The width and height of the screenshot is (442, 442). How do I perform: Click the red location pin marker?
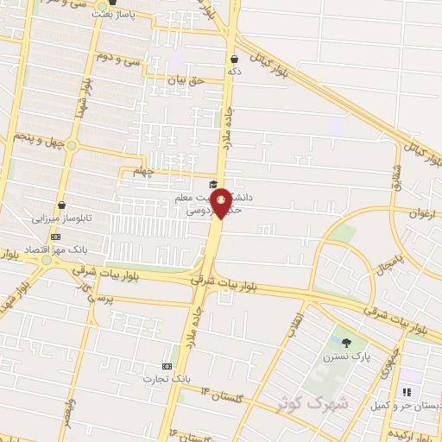click(222, 202)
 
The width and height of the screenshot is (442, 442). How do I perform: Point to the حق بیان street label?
click(184, 79)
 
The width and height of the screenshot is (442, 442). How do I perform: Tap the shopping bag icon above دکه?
click(234, 59)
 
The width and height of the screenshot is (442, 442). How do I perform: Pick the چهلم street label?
click(144, 171)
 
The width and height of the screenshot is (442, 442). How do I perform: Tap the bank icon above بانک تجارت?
click(167, 366)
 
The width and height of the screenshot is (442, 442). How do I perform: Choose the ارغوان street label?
click(419, 211)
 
